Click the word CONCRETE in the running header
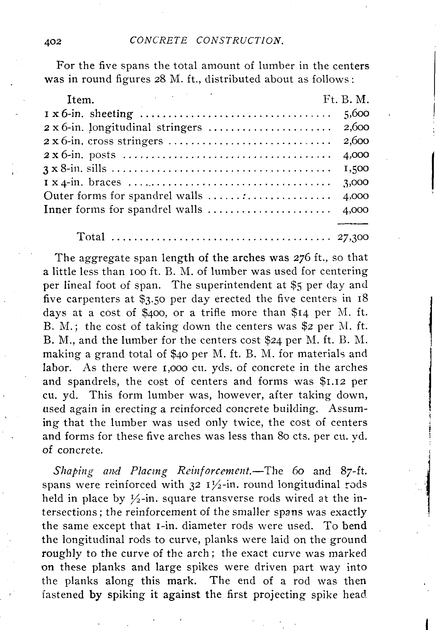coord(158,41)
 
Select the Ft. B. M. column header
coord(346,99)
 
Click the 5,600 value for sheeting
coord(356,113)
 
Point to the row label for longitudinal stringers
coord(123,127)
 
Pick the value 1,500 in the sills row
coord(356,168)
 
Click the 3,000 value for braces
coord(356,182)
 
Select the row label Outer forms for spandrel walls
coord(123,196)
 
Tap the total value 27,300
coord(353,237)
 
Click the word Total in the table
coord(91,237)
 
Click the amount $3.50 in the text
coord(151,299)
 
